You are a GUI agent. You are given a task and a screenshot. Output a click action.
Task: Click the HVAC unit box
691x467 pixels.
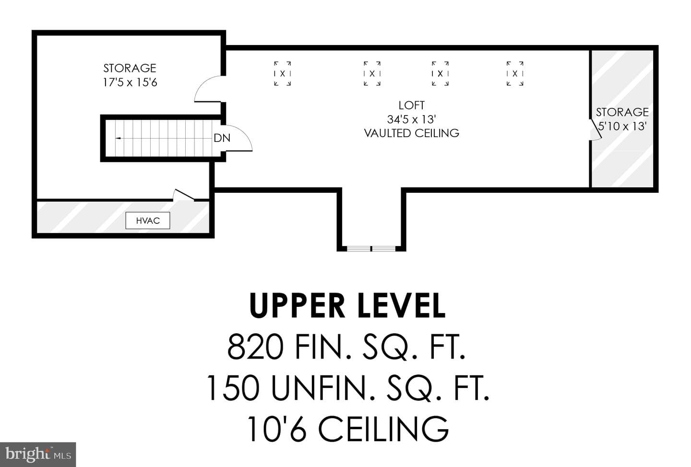[148, 221]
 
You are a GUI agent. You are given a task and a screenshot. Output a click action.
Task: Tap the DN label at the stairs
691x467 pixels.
[222, 138]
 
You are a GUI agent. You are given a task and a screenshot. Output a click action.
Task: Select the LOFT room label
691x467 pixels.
[412, 105]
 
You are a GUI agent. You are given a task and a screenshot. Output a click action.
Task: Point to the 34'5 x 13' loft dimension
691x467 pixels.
[412, 119]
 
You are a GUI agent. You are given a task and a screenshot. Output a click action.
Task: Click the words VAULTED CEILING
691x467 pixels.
[412, 133]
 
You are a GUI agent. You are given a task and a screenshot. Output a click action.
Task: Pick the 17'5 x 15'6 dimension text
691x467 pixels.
[130, 82]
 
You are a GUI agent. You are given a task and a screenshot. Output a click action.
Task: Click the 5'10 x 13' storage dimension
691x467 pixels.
[622, 126]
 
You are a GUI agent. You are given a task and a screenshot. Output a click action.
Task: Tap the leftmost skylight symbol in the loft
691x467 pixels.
[282, 74]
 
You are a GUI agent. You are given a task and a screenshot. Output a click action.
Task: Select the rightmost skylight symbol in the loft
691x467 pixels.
[515, 74]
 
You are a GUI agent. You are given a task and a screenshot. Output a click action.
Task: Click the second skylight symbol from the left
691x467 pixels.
[372, 74]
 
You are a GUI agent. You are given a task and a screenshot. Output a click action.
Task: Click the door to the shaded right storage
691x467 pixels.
[596, 130]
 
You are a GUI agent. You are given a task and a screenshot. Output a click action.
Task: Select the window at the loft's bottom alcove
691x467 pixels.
[371, 248]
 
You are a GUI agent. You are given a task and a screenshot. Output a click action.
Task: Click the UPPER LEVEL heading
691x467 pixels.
[347, 305]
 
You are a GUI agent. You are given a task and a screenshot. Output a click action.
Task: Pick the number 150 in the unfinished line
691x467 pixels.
[234, 388]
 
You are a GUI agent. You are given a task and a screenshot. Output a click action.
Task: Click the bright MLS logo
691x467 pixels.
[38, 455]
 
